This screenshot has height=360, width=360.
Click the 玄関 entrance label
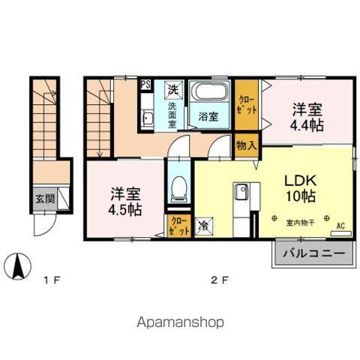(x=44, y=199)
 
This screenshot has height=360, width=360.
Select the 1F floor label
(x=51, y=281)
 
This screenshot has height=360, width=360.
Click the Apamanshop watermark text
(x=179, y=323)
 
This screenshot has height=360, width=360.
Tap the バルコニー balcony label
(x=314, y=254)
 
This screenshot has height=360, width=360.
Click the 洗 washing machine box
(x=173, y=89)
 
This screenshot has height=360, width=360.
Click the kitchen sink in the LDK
(x=241, y=193)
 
